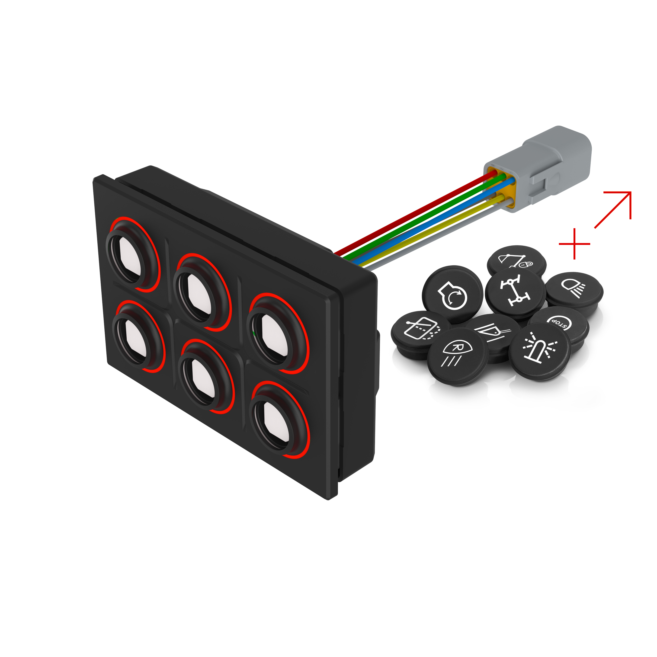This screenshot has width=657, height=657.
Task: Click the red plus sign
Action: [x=574, y=244]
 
